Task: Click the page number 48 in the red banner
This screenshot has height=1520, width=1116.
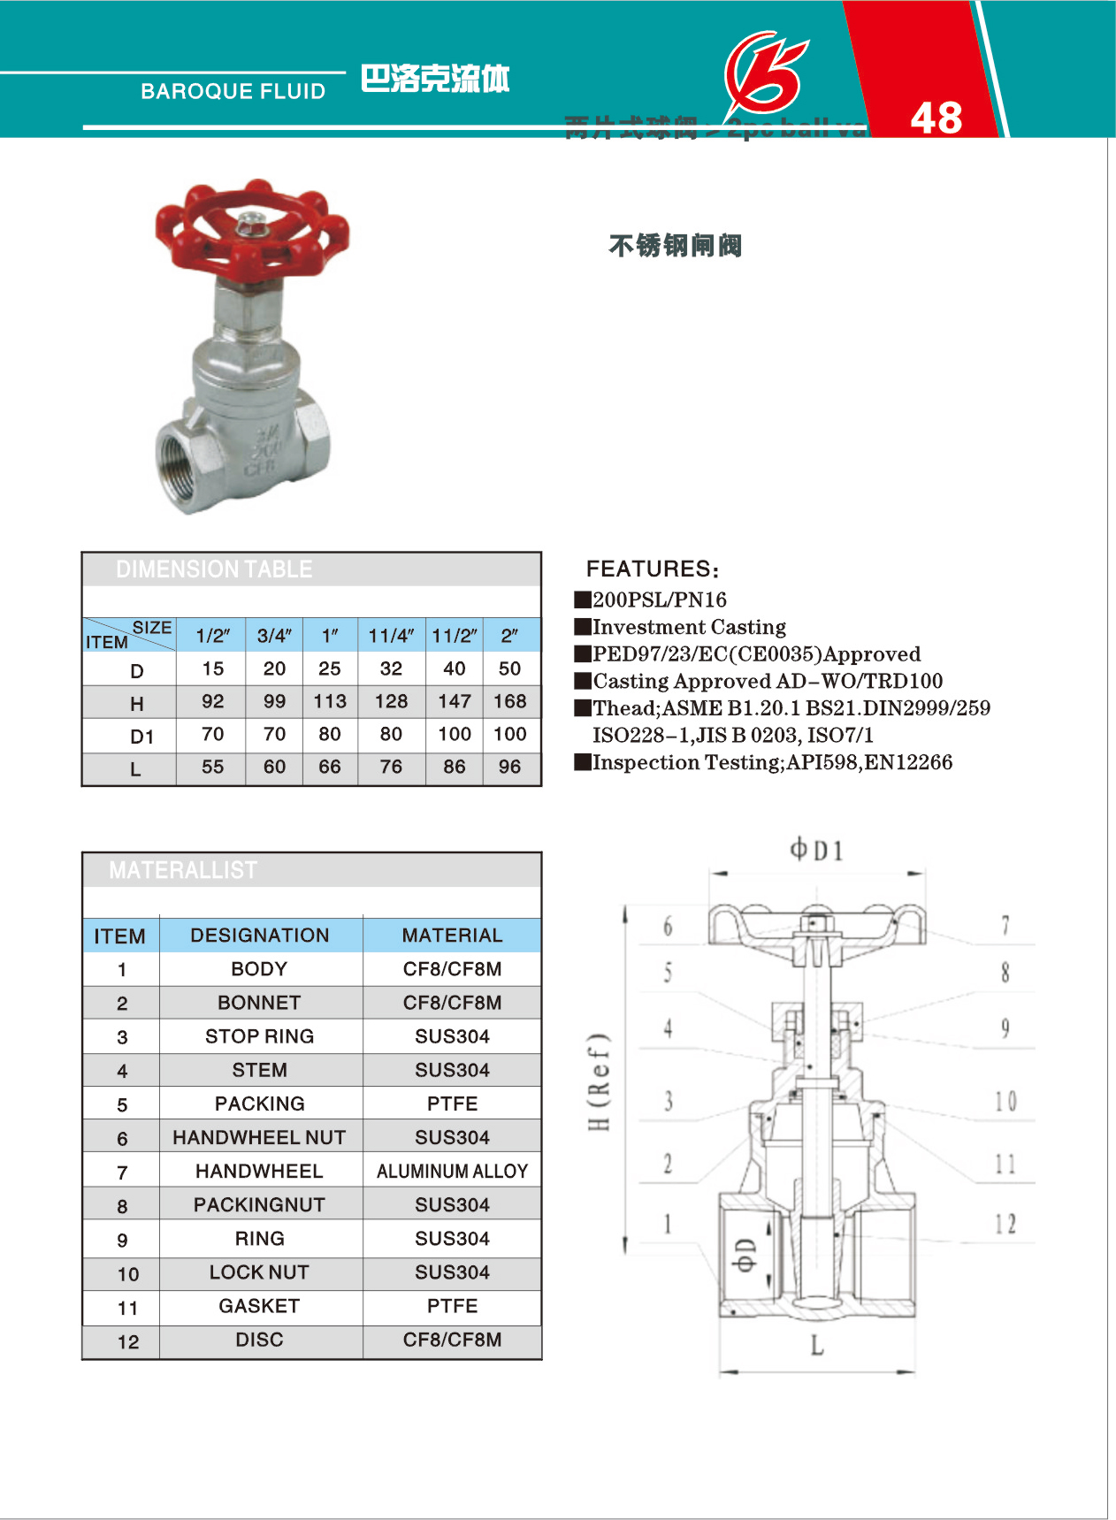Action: click(x=936, y=118)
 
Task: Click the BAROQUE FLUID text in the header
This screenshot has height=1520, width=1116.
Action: click(x=233, y=91)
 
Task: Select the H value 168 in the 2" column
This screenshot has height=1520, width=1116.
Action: click(x=509, y=701)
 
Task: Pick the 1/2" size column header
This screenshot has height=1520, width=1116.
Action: click(x=212, y=636)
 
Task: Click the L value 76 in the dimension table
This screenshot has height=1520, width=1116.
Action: click(x=391, y=767)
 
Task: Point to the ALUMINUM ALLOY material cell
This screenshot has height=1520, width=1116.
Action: click(x=452, y=1171)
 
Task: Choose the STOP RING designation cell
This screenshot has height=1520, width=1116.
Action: click(x=259, y=1036)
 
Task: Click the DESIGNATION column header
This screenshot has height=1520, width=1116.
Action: click(x=259, y=936)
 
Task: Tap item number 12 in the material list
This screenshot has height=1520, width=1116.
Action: click(x=128, y=1341)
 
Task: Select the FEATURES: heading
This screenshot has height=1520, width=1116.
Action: click(x=653, y=569)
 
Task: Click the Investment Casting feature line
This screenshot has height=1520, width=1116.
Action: click(x=689, y=627)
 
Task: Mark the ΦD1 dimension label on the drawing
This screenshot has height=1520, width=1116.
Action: click(x=815, y=851)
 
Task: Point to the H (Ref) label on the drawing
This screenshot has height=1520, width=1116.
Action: click(x=600, y=1081)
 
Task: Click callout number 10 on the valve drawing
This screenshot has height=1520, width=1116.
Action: click(x=1005, y=1101)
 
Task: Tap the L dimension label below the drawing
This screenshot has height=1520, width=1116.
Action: click(x=816, y=1346)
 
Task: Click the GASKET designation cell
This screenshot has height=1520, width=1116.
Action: click(x=259, y=1306)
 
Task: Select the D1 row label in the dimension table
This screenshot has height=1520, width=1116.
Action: click(x=141, y=736)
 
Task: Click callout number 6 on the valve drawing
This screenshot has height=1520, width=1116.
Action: click(x=668, y=926)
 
